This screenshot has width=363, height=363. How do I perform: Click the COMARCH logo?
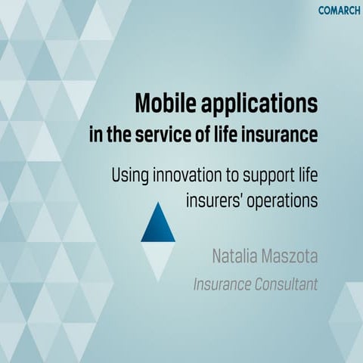[x=339, y=10]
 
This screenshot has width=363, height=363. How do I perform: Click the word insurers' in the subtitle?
[x=213, y=202]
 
